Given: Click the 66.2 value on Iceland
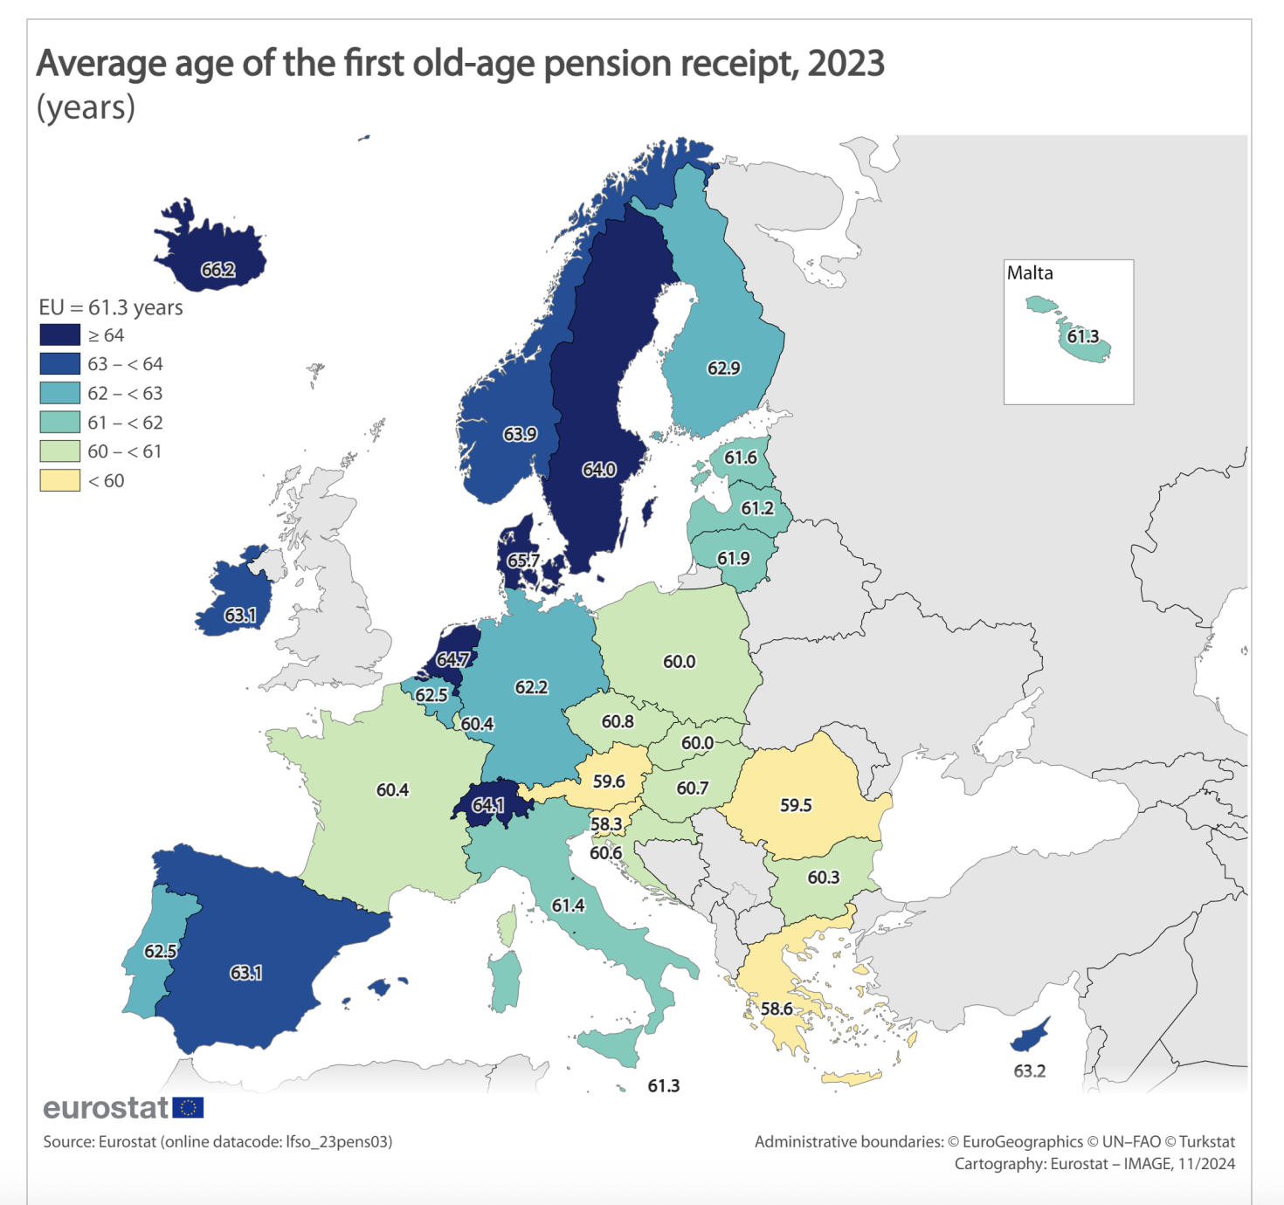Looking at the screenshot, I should pyautogui.click(x=217, y=270).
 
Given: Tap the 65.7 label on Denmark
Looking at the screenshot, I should pyautogui.click(x=522, y=561).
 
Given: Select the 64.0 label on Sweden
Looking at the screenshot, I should pyautogui.click(x=599, y=470).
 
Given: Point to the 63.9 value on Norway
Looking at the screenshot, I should pyautogui.click(x=520, y=434).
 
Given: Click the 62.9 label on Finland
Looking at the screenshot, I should pyautogui.click(x=723, y=368).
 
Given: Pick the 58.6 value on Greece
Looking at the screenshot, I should pyautogui.click(x=776, y=1009).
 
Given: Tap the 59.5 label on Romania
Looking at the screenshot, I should pyautogui.click(x=796, y=805).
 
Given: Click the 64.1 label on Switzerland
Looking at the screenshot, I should pyautogui.click(x=487, y=805).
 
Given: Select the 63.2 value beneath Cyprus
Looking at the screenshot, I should pyautogui.click(x=1029, y=1071).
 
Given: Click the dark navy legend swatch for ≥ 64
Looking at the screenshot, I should pyautogui.click(x=59, y=335).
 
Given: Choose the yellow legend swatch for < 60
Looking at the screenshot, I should pyautogui.click(x=59, y=480).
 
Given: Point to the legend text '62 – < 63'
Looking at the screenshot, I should pyautogui.click(x=125, y=393).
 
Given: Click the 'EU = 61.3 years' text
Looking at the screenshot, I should pyautogui.click(x=111, y=307).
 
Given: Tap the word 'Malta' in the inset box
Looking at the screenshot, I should pyautogui.click(x=1030, y=273).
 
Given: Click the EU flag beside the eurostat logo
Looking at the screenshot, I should pyautogui.click(x=188, y=1108).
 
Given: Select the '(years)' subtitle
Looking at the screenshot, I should pyautogui.click(x=86, y=107).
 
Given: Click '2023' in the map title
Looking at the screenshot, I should pyautogui.click(x=846, y=64).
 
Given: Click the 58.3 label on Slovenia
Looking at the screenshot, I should pyautogui.click(x=606, y=824).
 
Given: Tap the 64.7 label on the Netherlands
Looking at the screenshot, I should pyautogui.click(x=452, y=659).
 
